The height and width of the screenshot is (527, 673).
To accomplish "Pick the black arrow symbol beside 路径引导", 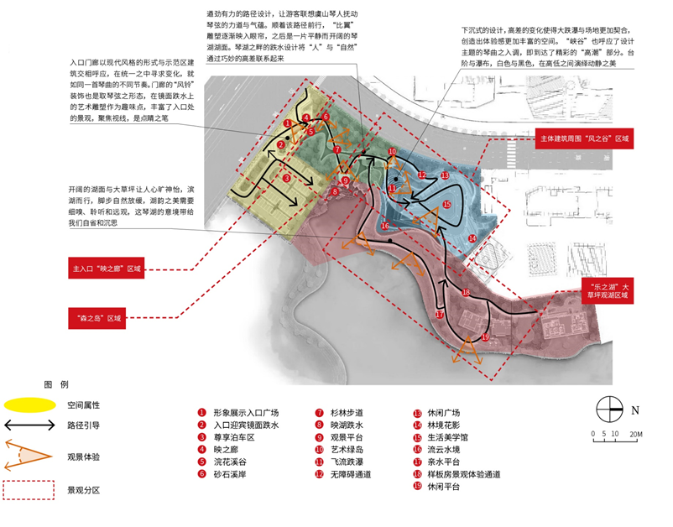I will [x=29, y=426].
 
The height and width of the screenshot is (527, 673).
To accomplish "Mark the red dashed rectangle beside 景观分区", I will [x=29, y=489].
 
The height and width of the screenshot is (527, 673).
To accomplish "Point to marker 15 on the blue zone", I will [x=447, y=204].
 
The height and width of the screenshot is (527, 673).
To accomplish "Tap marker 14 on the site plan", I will [x=472, y=239].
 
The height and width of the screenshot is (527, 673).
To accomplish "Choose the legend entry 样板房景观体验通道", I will [x=462, y=474].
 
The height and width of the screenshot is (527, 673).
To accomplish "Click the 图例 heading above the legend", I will [x=56, y=384].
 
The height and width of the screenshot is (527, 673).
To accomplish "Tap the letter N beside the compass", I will [x=635, y=411].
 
